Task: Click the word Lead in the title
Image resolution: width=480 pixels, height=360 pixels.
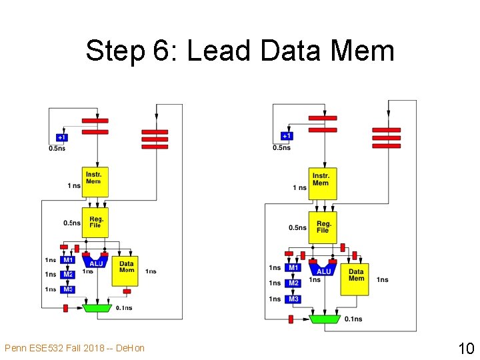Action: (x=219, y=51)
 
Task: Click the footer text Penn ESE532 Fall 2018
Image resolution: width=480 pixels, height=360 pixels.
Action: (x=74, y=348)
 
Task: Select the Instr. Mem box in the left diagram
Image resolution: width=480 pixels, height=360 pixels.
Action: (x=95, y=181)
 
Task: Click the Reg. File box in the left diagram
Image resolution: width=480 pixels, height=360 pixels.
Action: (x=95, y=222)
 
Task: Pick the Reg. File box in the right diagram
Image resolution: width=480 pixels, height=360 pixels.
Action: (x=323, y=227)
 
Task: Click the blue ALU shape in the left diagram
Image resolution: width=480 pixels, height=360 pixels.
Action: (x=96, y=261)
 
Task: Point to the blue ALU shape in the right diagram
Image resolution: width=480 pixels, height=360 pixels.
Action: (x=323, y=269)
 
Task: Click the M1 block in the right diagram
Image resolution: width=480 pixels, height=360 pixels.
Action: (x=293, y=268)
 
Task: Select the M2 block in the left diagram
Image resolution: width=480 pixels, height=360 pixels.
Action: (x=68, y=275)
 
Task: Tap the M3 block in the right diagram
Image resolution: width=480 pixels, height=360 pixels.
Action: (x=293, y=299)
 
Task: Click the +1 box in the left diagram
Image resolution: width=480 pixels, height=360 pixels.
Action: (x=61, y=137)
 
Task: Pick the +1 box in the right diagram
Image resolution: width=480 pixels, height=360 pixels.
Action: (x=286, y=136)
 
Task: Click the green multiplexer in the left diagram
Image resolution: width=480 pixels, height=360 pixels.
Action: (x=97, y=308)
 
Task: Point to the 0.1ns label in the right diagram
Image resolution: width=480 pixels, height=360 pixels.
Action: (x=353, y=319)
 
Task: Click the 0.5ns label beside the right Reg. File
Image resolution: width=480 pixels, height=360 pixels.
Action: (x=298, y=228)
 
